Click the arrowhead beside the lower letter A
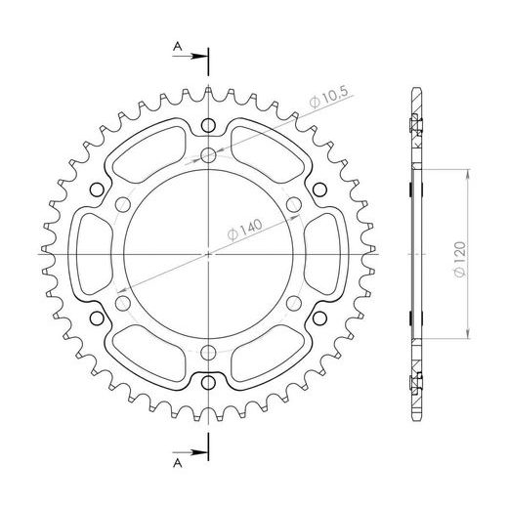[x=201, y=450]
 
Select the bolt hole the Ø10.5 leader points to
[x=210, y=154]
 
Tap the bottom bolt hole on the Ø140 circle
[x=210, y=352]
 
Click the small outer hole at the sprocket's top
[x=210, y=125]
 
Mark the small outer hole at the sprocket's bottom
[x=210, y=383]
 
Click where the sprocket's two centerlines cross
[x=210, y=254]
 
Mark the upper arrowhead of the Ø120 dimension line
[x=472, y=173]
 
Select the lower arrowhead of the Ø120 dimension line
[x=472, y=334]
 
